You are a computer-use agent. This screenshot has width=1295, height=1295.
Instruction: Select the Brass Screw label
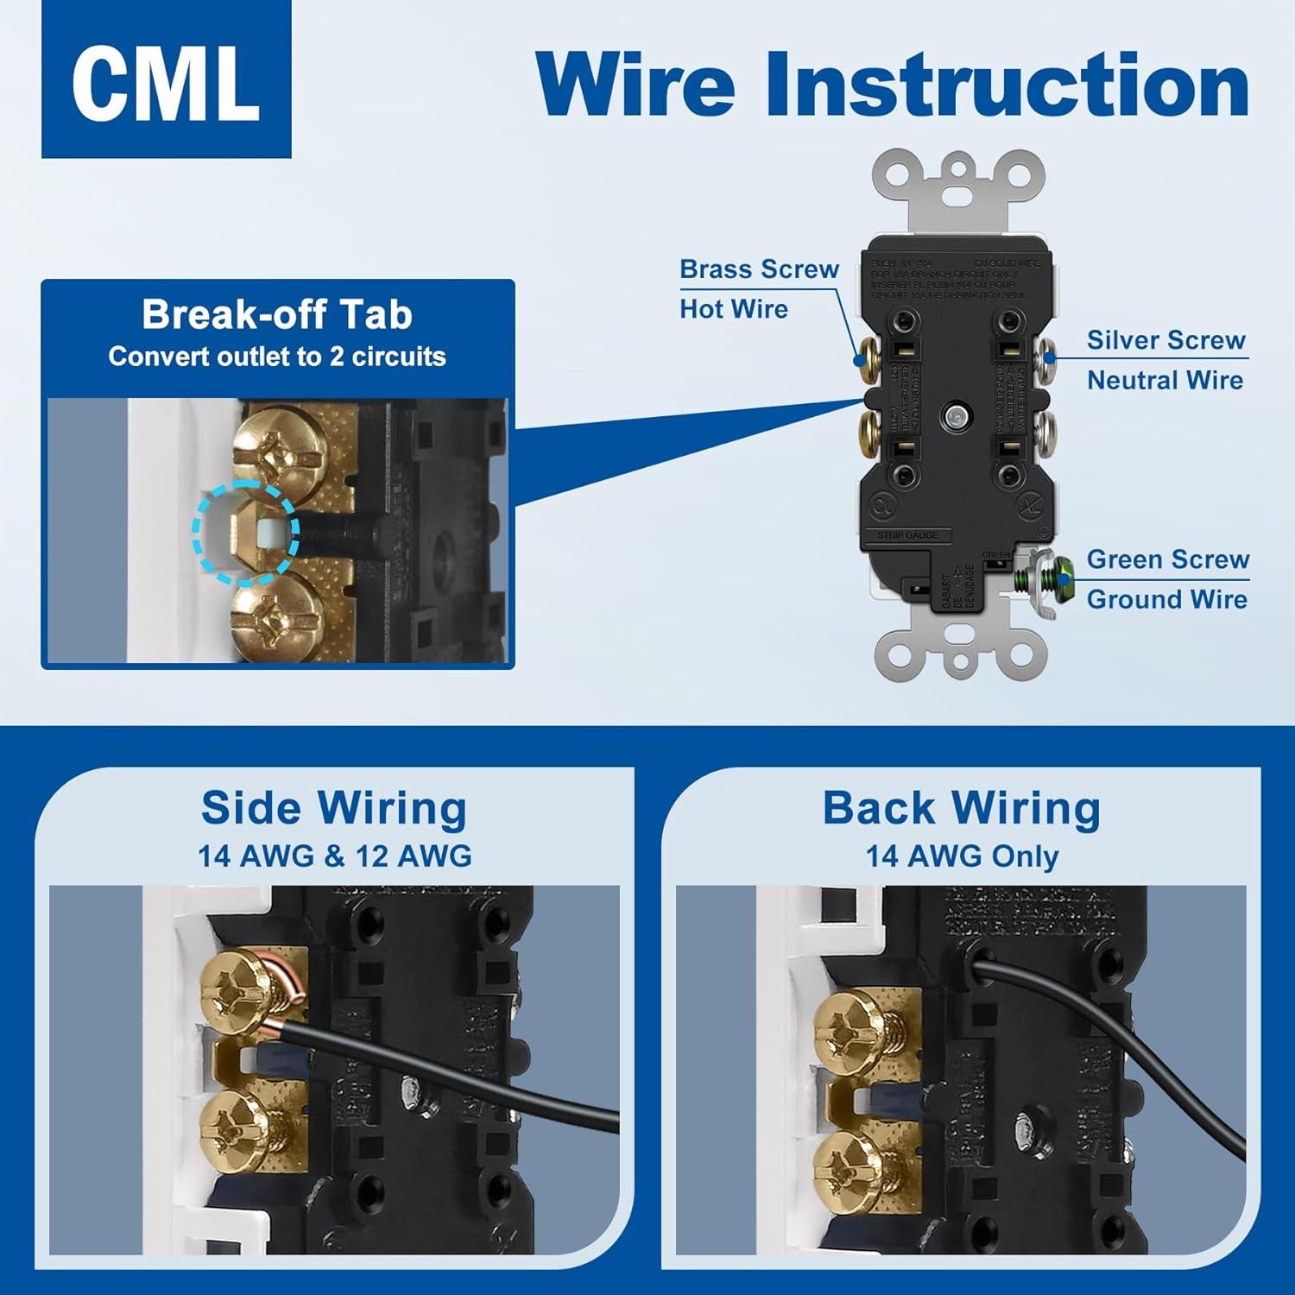point(759,269)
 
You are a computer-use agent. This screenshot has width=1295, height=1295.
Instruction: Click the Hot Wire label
point(734,309)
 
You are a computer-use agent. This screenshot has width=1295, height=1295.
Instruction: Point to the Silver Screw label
point(1165,340)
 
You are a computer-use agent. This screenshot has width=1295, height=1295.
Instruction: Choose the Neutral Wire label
point(1165,380)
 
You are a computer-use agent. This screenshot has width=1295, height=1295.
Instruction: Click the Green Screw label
point(1167,559)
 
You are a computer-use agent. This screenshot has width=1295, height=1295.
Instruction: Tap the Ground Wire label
point(1166,599)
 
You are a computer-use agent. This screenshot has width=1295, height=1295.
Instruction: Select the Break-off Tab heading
point(277,314)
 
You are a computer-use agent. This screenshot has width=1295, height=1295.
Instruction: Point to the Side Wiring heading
point(334,809)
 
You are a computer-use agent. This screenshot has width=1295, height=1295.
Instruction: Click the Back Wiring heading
point(961,809)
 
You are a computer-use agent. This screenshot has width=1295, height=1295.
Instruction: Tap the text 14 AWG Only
point(962,856)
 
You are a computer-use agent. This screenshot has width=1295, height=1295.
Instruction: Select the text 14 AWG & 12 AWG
point(335,856)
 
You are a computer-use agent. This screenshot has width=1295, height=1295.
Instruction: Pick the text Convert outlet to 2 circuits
point(277,357)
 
